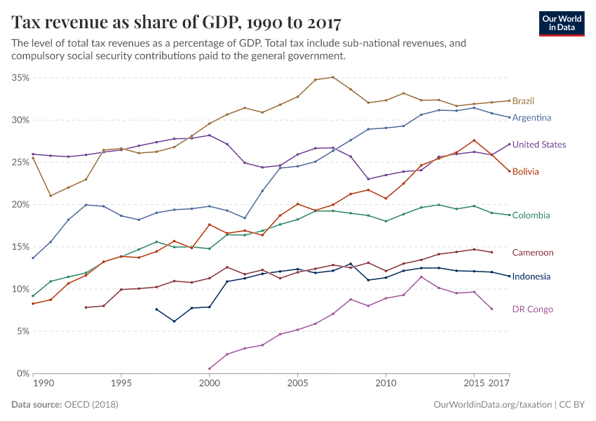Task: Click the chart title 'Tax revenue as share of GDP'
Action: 176,22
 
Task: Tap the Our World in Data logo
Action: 561,23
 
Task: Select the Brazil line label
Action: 522,101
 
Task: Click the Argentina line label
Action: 531,118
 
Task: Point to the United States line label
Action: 539,145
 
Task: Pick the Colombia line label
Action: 531,215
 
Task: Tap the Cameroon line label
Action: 532,253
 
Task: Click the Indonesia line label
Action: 531,276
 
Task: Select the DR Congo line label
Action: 532,309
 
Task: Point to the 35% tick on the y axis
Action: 20,78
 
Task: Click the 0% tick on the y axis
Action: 22,373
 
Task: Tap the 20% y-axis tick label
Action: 20,205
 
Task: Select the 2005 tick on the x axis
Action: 297,385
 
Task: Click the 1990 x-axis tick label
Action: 43,385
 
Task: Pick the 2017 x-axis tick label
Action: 499,385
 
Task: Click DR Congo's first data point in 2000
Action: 209,368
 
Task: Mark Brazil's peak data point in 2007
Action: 333,77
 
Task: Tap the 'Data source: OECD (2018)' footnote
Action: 65,405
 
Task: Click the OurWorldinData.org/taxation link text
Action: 492,405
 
